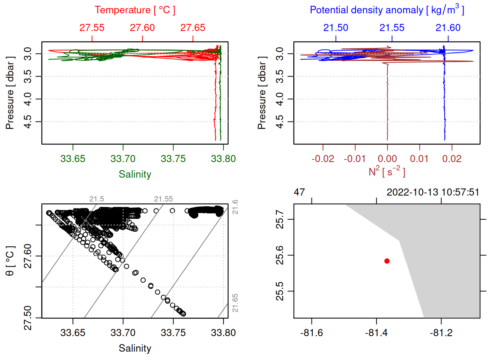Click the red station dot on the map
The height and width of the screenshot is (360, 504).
(387, 261)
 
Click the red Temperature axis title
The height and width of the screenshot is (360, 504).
(135, 10)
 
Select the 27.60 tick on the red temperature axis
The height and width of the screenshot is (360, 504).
(142, 28)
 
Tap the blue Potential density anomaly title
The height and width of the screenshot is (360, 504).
(387, 10)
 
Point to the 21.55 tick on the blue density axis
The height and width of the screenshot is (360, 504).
(392, 28)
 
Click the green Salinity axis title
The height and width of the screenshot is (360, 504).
(135, 174)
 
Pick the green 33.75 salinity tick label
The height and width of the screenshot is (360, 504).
(173, 159)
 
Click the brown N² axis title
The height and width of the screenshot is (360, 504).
(387, 171)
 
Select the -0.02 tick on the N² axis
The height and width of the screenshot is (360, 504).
(322, 159)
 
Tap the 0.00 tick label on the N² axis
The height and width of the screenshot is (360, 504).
(387, 159)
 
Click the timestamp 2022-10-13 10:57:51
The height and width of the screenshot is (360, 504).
(433, 192)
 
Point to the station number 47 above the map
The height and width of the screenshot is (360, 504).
(299, 192)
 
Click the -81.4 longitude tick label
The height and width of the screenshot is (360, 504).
(376, 333)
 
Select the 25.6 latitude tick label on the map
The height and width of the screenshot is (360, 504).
(280, 255)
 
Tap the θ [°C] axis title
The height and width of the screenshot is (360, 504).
(10, 261)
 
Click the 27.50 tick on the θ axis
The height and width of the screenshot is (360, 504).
(28, 318)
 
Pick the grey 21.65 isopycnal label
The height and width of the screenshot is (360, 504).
(235, 303)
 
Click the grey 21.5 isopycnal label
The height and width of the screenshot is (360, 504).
(97, 199)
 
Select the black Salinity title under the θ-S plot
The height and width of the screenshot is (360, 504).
(135, 348)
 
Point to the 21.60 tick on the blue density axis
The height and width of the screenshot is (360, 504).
(448, 28)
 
